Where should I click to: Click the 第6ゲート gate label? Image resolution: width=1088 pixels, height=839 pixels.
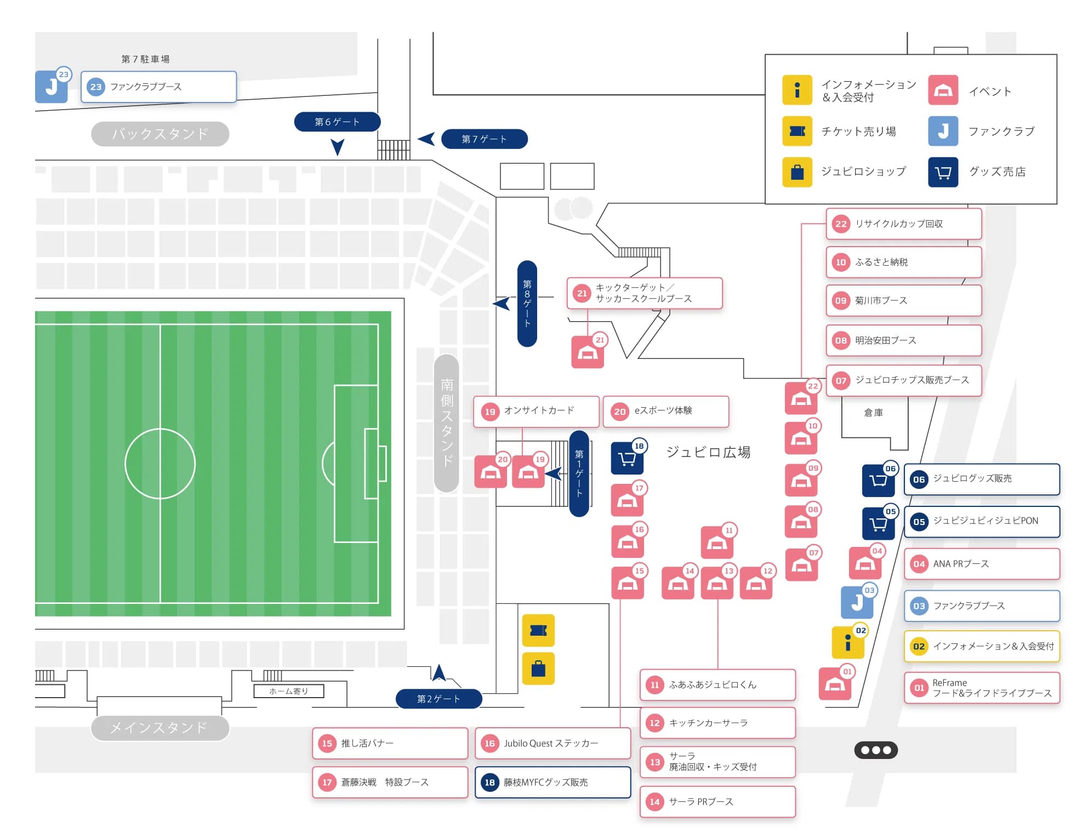(x=337, y=122)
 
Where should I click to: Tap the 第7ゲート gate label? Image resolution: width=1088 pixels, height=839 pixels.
(x=484, y=139)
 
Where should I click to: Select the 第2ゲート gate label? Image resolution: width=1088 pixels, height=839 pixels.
(x=438, y=699)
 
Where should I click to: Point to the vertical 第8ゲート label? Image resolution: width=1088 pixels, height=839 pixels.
(x=527, y=303)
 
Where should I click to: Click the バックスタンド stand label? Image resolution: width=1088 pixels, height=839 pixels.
(x=160, y=134)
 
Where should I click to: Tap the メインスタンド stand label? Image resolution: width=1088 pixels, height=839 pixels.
(x=160, y=728)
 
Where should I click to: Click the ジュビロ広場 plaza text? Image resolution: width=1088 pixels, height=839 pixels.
(x=708, y=452)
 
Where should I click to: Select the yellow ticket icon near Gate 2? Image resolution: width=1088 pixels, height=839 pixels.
(x=538, y=631)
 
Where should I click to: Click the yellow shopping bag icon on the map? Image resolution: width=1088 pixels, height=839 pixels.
(x=538, y=669)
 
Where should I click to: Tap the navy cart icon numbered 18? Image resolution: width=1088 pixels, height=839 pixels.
(x=627, y=458)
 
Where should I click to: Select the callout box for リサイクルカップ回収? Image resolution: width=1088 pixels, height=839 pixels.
(x=904, y=224)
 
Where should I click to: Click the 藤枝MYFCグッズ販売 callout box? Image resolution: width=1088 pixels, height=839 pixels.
(x=553, y=782)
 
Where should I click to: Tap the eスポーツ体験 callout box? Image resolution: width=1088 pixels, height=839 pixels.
(x=666, y=411)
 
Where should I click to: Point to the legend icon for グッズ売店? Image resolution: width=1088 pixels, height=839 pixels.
(x=943, y=172)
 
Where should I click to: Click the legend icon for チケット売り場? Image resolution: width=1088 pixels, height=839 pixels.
(x=797, y=131)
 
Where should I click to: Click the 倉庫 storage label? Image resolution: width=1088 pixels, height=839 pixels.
(x=873, y=413)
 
